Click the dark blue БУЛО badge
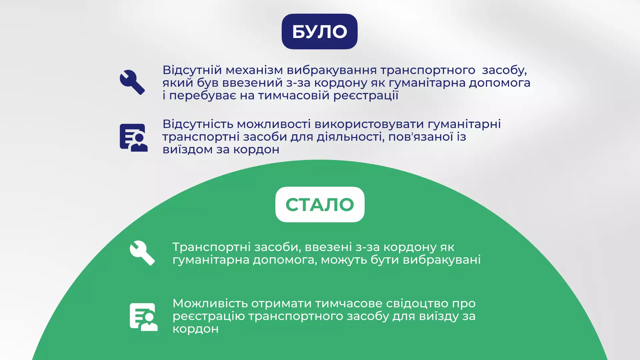pyautogui.click(x=319, y=31)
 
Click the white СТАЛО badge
pyautogui.click(x=320, y=204)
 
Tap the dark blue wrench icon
pyautogui.click(x=132, y=82)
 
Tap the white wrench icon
pyautogui.click(x=142, y=253)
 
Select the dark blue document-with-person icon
pyautogui.click(x=134, y=138)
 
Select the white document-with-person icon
pyautogui.click(x=144, y=317)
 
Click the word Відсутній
pyautogui.click(x=192, y=70)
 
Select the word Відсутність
pyautogui.click(x=198, y=124)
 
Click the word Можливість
pyautogui.click(x=210, y=303)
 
